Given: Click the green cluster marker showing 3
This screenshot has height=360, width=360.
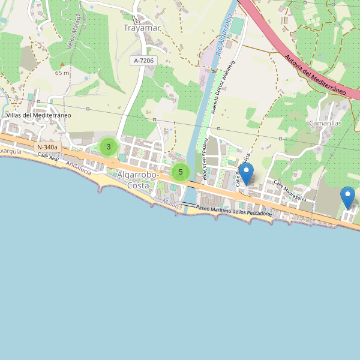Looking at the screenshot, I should (x=108, y=146).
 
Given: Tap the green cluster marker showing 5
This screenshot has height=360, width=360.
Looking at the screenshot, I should (x=180, y=172).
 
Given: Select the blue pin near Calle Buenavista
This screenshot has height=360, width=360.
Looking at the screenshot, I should (x=246, y=175).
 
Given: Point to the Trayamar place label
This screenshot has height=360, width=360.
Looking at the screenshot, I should (x=140, y=28).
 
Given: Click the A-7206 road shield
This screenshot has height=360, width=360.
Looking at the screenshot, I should (x=144, y=61).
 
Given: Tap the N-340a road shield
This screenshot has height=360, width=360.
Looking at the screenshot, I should (x=47, y=147).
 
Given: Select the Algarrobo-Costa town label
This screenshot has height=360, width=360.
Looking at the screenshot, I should (x=138, y=180).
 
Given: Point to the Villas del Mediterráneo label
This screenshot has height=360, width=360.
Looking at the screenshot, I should (x=39, y=115).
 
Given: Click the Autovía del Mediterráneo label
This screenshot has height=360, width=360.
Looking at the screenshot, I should (x=315, y=74).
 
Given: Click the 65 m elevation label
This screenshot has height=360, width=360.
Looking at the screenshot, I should (x=62, y=73).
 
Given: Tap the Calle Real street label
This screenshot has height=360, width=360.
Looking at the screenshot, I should (x=48, y=157).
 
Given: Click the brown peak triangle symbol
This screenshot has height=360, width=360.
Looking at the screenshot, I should (x=62, y=64).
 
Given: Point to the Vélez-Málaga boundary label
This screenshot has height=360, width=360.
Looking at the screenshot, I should (x=74, y=33).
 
